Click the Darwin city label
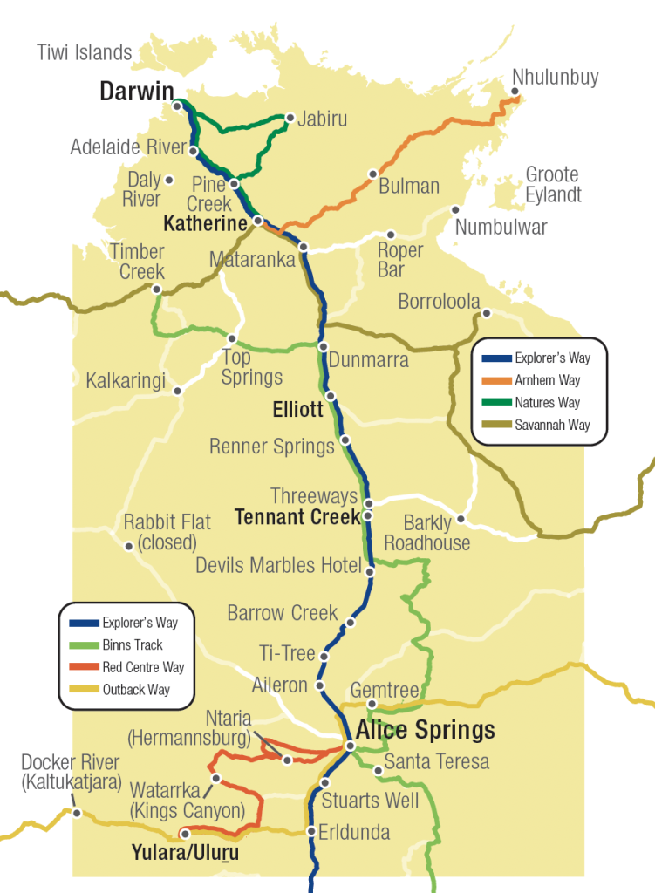click(x=137, y=92)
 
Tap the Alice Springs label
click(x=425, y=729)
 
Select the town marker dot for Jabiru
click(x=290, y=117)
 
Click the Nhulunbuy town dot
click(x=516, y=92)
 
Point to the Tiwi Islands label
click(x=84, y=52)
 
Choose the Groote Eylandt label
click(x=553, y=185)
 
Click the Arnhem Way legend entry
click(x=547, y=380)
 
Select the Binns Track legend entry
click(x=132, y=645)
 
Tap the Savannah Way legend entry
click(x=552, y=425)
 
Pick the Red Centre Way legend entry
click(x=143, y=668)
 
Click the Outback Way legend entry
click(x=135, y=690)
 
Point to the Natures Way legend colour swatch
click(x=494, y=403)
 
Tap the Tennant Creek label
click(x=297, y=517)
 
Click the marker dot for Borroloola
click(x=487, y=314)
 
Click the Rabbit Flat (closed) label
click(x=167, y=533)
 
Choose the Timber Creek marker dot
click(x=156, y=289)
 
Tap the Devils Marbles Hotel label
click(x=278, y=565)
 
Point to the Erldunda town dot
click(x=311, y=831)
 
